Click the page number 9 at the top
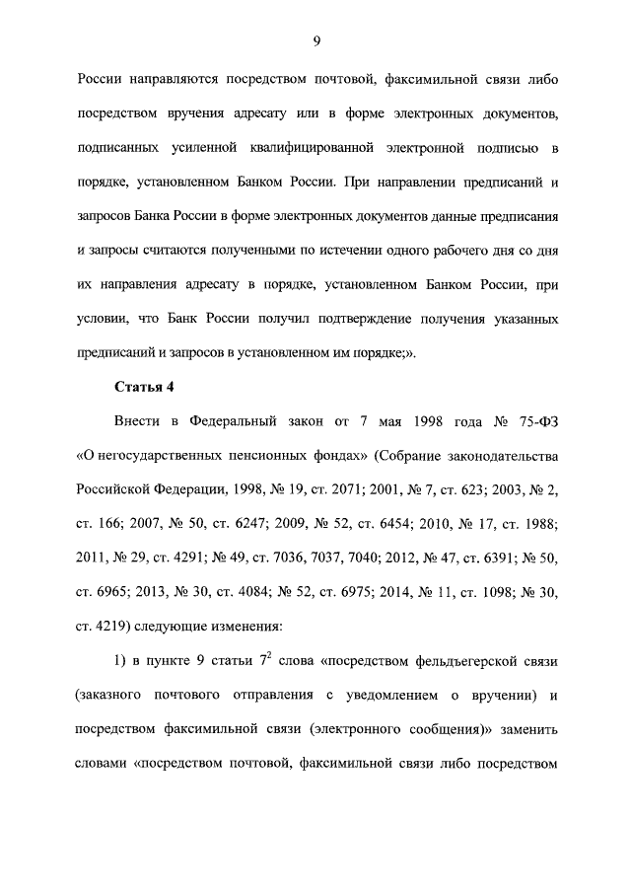[x=315, y=40]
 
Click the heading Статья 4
[x=145, y=385]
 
